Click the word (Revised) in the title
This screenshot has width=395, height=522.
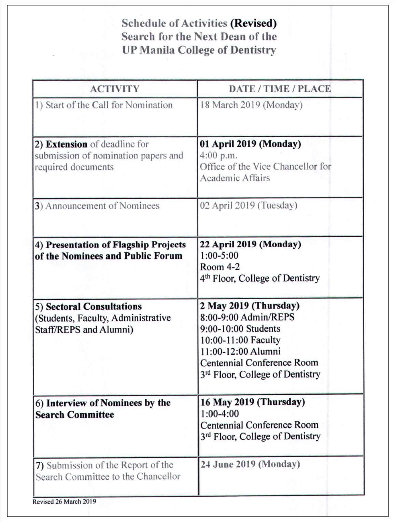[253, 23]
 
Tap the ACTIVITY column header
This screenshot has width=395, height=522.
[115, 89]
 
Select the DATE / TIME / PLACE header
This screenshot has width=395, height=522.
[280, 89]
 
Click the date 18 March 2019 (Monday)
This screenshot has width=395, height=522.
[251, 105]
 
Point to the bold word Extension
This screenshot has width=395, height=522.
[67, 144]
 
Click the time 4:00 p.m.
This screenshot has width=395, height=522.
[218, 155]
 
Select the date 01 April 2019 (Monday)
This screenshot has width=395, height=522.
[250, 144]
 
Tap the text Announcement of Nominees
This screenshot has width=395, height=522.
[102, 206]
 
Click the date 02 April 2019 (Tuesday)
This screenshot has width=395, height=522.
[249, 206]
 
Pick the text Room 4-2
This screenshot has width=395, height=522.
[220, 267]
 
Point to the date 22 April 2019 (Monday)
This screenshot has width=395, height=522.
[250, 244]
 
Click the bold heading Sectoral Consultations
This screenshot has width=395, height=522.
[94, 307]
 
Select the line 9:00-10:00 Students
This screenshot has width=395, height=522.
[240, 329]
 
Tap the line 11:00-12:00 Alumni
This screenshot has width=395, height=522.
[240, 351]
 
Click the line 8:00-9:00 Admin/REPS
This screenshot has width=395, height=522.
[247, 317]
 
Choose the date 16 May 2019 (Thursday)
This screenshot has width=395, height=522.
[252, 402]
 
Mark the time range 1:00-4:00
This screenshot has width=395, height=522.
[220, 414]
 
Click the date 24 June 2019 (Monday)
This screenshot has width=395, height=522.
[250, 464]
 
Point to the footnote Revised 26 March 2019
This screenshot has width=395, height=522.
[64, 502]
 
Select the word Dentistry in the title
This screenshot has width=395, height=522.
[253, 50]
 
